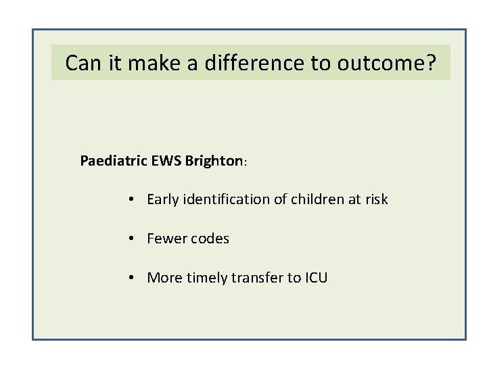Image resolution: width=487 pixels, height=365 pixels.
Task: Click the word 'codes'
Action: point(210,239)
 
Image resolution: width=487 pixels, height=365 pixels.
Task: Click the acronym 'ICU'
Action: point(315,277)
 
